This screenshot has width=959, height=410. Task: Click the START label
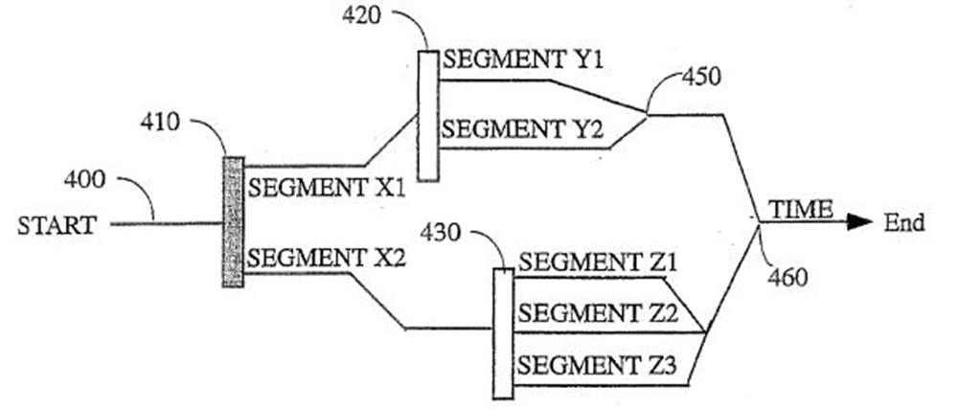tap(57, 225)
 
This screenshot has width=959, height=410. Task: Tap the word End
tap(904, 223)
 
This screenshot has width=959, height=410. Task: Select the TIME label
tap(801, 209)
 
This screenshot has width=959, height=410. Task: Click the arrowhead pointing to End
tap(859, 223)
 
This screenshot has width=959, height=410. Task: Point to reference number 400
tap(84, 180)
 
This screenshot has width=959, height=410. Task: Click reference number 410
tap(160, 123)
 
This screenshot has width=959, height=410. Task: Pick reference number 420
tap(361, 15)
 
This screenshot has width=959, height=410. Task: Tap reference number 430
tap(443, 233)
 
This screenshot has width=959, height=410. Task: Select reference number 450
tap(701, 78)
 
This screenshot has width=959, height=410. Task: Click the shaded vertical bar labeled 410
tap(233, 222)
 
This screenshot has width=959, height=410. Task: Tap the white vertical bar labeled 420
tap(428, 116)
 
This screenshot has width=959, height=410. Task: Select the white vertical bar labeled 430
tap(503, 333)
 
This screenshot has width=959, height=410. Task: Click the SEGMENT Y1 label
tap(523, 60)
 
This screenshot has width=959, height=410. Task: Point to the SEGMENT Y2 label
tap(523, 129)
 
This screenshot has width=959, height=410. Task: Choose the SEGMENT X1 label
tap(327, 187)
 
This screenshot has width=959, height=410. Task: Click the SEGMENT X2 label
tap(327, 259)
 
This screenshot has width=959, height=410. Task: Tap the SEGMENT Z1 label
tap(598, 263)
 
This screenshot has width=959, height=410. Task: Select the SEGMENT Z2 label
tap(598, 313)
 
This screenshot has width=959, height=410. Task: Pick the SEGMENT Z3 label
tap(597, 367)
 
